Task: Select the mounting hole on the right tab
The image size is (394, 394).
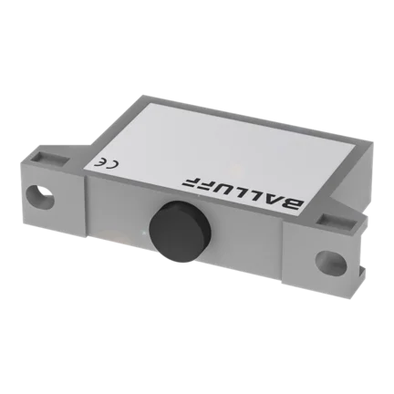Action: click(x=331, y=261)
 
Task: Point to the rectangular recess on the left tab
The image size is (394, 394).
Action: click(x=47, y=159)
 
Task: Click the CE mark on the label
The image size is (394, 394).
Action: click(x=106, y=163)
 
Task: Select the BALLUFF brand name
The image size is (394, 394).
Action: click(x=243, y=192)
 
